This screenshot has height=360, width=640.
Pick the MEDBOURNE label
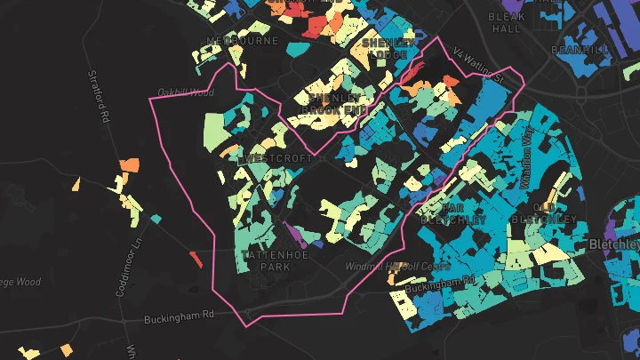pos(243,41)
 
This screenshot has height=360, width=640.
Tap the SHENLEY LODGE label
pos(388,49)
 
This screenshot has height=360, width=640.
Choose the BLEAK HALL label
pos(506,22)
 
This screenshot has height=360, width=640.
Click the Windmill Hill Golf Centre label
pos(396,266)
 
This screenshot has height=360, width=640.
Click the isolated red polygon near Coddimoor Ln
pos(196,259)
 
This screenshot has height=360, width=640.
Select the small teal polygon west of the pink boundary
pos(156,218)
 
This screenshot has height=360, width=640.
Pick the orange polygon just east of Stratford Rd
pos(130,164)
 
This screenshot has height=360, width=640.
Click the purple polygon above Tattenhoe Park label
pos(294,234)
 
